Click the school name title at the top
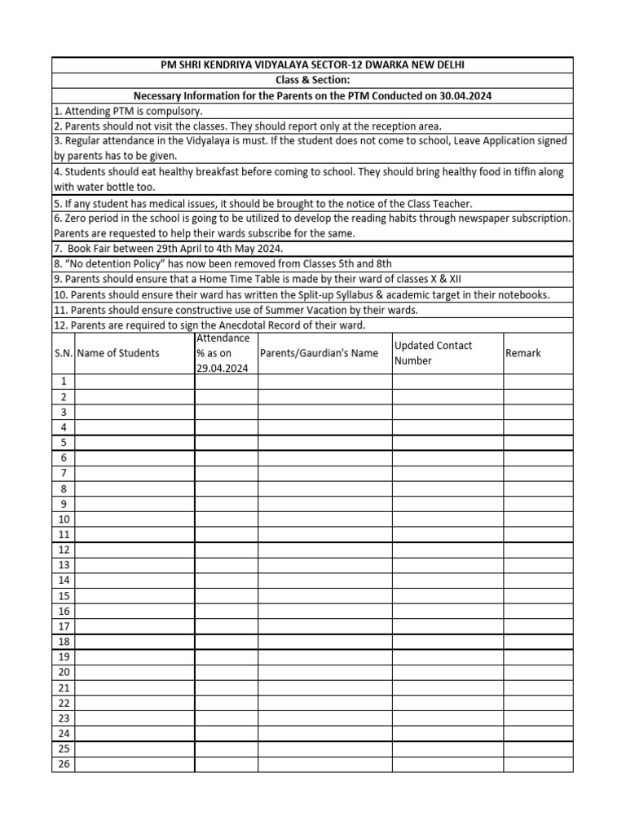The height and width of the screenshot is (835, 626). click(312, 65)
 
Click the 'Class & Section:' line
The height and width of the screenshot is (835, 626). click(312, 80)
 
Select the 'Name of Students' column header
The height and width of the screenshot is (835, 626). click(119, 353)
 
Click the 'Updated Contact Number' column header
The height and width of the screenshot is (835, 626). click(433, 353)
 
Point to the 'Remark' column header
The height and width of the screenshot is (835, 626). click(522, 353)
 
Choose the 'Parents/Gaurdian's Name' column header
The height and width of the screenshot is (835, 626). click(319, 353)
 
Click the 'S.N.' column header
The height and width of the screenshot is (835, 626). click(64, 353)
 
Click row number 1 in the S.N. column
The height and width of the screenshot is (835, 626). click(64, 382)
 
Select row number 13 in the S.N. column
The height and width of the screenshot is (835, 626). click(64, 565)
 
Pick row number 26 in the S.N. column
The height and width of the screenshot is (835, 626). click(64, 764)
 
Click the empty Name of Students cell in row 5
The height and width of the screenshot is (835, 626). click(134, 443)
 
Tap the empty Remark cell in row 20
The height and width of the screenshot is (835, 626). click(538, 672)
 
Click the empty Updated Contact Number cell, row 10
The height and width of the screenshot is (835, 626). click(447, 519)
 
